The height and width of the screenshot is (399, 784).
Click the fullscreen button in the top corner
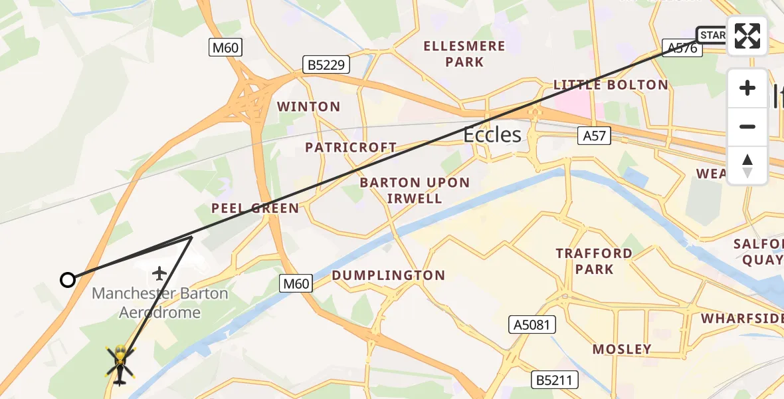[x=747, y=36]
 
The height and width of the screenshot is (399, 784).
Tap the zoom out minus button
[x=747, y=126]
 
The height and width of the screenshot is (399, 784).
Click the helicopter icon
[x=120, y=364]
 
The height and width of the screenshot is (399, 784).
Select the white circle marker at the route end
[x=68, y=280]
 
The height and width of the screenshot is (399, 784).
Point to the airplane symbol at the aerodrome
[x=159, y=273]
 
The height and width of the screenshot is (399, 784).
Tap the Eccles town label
[x=492, y=135]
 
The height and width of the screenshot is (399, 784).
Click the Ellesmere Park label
[x=465, y=54]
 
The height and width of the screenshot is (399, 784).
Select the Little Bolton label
[x=611, y=85]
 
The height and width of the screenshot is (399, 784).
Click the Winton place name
[x=308, y=106]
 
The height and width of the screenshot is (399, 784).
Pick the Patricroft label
[x=351, y=148]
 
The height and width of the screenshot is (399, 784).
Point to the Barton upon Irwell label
[x=415, y=190]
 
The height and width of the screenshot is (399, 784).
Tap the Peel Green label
[x=255, y=209]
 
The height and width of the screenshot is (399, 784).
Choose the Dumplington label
[x=388, y=275]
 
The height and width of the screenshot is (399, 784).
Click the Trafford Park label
[x=594, y=261]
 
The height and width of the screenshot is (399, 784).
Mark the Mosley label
[x=621, y=349]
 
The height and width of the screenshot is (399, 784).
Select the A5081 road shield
[x=532, y=325]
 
